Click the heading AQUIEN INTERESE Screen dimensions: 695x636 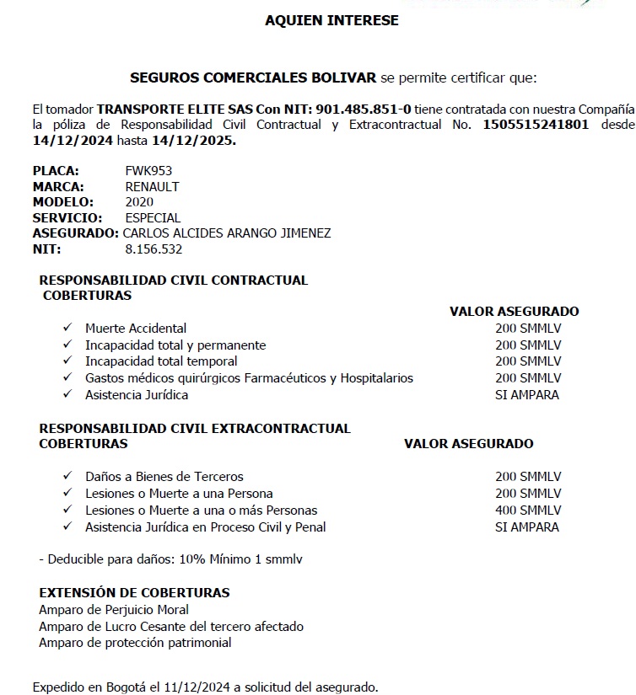click(331, 20)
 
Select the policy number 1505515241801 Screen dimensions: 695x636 click(535, 125)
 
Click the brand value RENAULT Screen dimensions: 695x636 click(152, 186)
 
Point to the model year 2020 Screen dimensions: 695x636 click(139, 202)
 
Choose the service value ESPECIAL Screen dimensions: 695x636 click(153, 217)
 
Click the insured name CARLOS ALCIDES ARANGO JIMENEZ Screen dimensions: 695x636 click(227, 233)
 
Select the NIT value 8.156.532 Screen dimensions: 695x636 click(154, 249)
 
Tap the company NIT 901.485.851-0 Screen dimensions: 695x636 click(364, 109)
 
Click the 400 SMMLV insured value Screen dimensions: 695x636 click(528, 510)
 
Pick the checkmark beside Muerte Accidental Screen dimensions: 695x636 click(67, 327)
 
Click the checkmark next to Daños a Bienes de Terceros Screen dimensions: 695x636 click(67, 476)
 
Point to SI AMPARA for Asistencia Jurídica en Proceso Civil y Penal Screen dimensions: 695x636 click(526, 527)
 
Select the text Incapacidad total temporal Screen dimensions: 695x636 click(161, 361)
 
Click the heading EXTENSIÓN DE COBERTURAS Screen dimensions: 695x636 click(134, 592)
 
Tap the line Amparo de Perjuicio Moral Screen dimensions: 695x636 click(114, 609)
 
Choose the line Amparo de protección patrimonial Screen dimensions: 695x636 click(135, 642)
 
